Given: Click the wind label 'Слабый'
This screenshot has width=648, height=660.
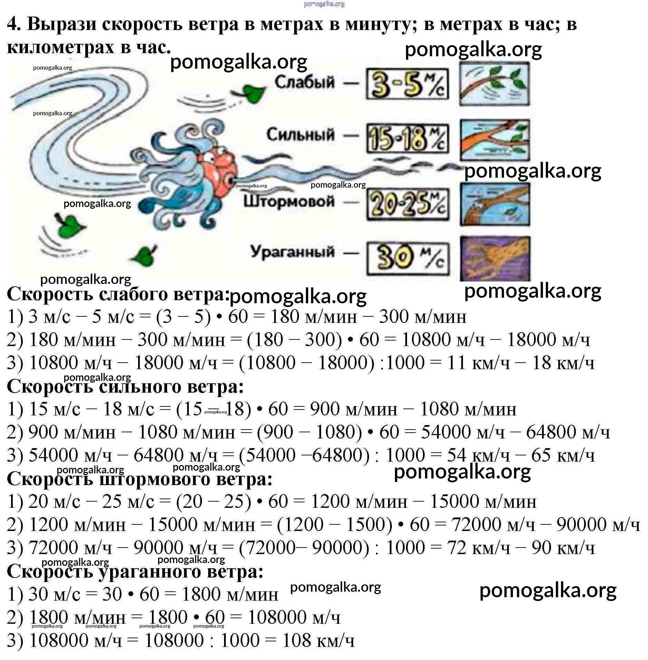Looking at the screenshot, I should pyautogui.click(x=304, y=82).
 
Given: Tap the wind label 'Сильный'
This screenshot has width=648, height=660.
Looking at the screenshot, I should pyautogui.click(x=300, y=135).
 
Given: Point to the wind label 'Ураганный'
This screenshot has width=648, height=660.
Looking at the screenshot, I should pyautogui.click(x=292, y=252).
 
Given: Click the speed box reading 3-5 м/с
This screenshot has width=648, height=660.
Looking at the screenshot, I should pyautogui.click(x=407, y=84).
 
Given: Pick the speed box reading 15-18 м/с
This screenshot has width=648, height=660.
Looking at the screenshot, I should pyautogui.click(x=407, y=138).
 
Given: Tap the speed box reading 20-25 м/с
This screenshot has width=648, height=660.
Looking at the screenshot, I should pyautogui.click(x=408, y=204).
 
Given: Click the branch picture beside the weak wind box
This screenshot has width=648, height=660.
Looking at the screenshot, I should pyautogui.click(x=494, y=84).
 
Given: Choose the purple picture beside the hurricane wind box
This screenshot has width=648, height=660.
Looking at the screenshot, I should pyautogui.click(x=495, y=258).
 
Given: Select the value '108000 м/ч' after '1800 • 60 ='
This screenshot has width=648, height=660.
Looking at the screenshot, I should pyautogui.click(x=294, y=617).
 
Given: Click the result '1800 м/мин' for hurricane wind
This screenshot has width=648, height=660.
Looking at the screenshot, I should pyautogui.click(x=230, y=594).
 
